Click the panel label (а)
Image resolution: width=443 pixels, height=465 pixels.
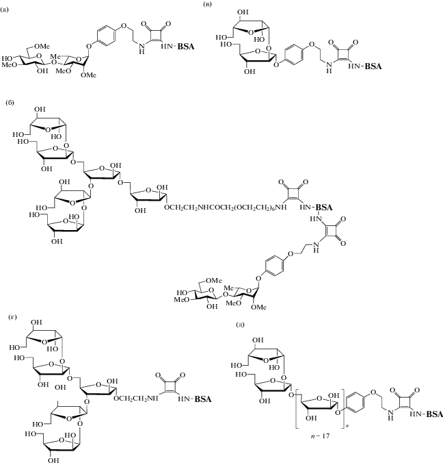(4, 10)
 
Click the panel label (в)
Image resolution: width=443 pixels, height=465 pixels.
(208, 4)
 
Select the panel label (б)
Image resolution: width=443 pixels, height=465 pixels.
(10, 103)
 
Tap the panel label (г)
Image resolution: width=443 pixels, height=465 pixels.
(13, 317)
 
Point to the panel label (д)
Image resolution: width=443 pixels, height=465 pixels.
(240, 325)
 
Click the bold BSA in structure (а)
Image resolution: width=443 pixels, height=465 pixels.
(186, 47)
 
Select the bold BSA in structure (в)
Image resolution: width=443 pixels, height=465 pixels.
(373, 66)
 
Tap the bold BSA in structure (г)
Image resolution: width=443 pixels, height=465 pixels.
(203, 399)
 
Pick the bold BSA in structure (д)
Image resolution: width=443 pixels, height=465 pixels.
(434, 414)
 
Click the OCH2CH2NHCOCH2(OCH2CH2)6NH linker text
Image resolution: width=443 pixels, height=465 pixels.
(226, 208)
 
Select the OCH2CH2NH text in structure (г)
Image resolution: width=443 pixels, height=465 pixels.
(136, 399)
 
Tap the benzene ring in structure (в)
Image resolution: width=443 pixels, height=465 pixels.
(293, 55)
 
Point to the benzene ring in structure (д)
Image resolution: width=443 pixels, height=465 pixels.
(355, 402)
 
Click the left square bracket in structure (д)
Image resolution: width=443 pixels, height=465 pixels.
(297, 410)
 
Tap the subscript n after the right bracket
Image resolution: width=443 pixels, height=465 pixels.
(346, 427)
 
